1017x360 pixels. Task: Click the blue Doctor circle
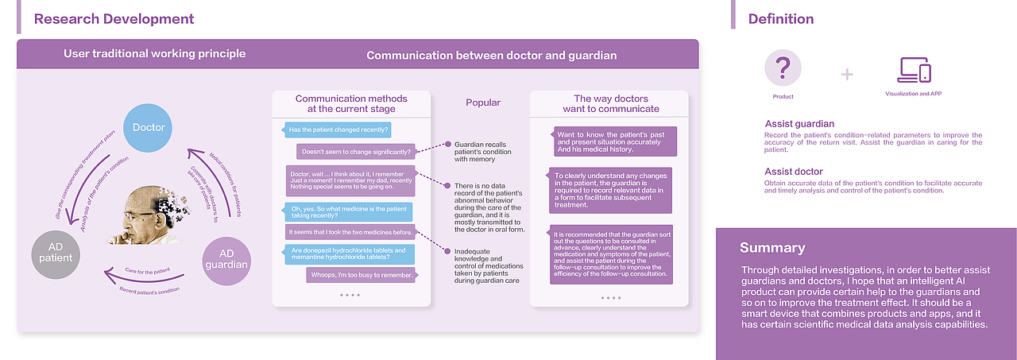(x=149, y=127)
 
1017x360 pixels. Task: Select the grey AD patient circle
(x=56, y=252)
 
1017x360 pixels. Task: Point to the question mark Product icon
(x=783, y=68)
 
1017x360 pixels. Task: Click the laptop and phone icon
(x=913, y=70)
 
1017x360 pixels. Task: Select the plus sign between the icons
(x=847, y=74)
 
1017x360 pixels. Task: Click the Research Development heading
(x=114, y=18)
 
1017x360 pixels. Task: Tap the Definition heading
(x=780, y=18)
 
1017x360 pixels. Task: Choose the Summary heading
(x=771, y=247)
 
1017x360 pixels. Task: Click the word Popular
(x=482, y=103)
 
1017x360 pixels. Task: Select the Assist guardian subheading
(x=799, y=124)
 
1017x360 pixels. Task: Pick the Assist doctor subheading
(x=794, y=172)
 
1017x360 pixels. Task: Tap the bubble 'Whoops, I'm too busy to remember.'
(x=361, y=275)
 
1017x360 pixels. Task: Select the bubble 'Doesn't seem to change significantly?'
(x=356, y=151)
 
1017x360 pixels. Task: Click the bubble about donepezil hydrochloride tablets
(x=348, y=254)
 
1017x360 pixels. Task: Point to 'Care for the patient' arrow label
(x=147, y=271)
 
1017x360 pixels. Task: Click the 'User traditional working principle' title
(x=154, y=54)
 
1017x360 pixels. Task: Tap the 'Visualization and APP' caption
(x=913, y=94)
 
